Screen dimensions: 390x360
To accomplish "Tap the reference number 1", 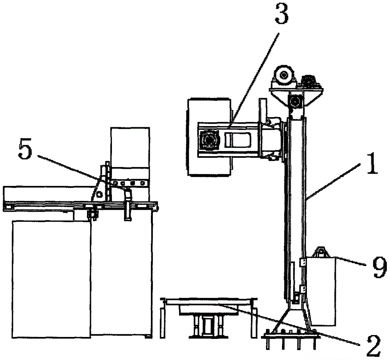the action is (372, 164).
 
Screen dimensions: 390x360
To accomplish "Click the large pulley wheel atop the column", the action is (284, 74).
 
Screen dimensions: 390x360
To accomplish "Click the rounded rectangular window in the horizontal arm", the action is (238, 140).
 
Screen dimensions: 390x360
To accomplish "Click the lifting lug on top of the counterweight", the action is (321, 252).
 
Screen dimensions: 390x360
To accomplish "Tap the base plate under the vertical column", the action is (291, 337).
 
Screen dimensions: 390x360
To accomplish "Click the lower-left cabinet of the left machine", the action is (51, 279).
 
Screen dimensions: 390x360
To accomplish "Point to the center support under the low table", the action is (208, 325).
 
